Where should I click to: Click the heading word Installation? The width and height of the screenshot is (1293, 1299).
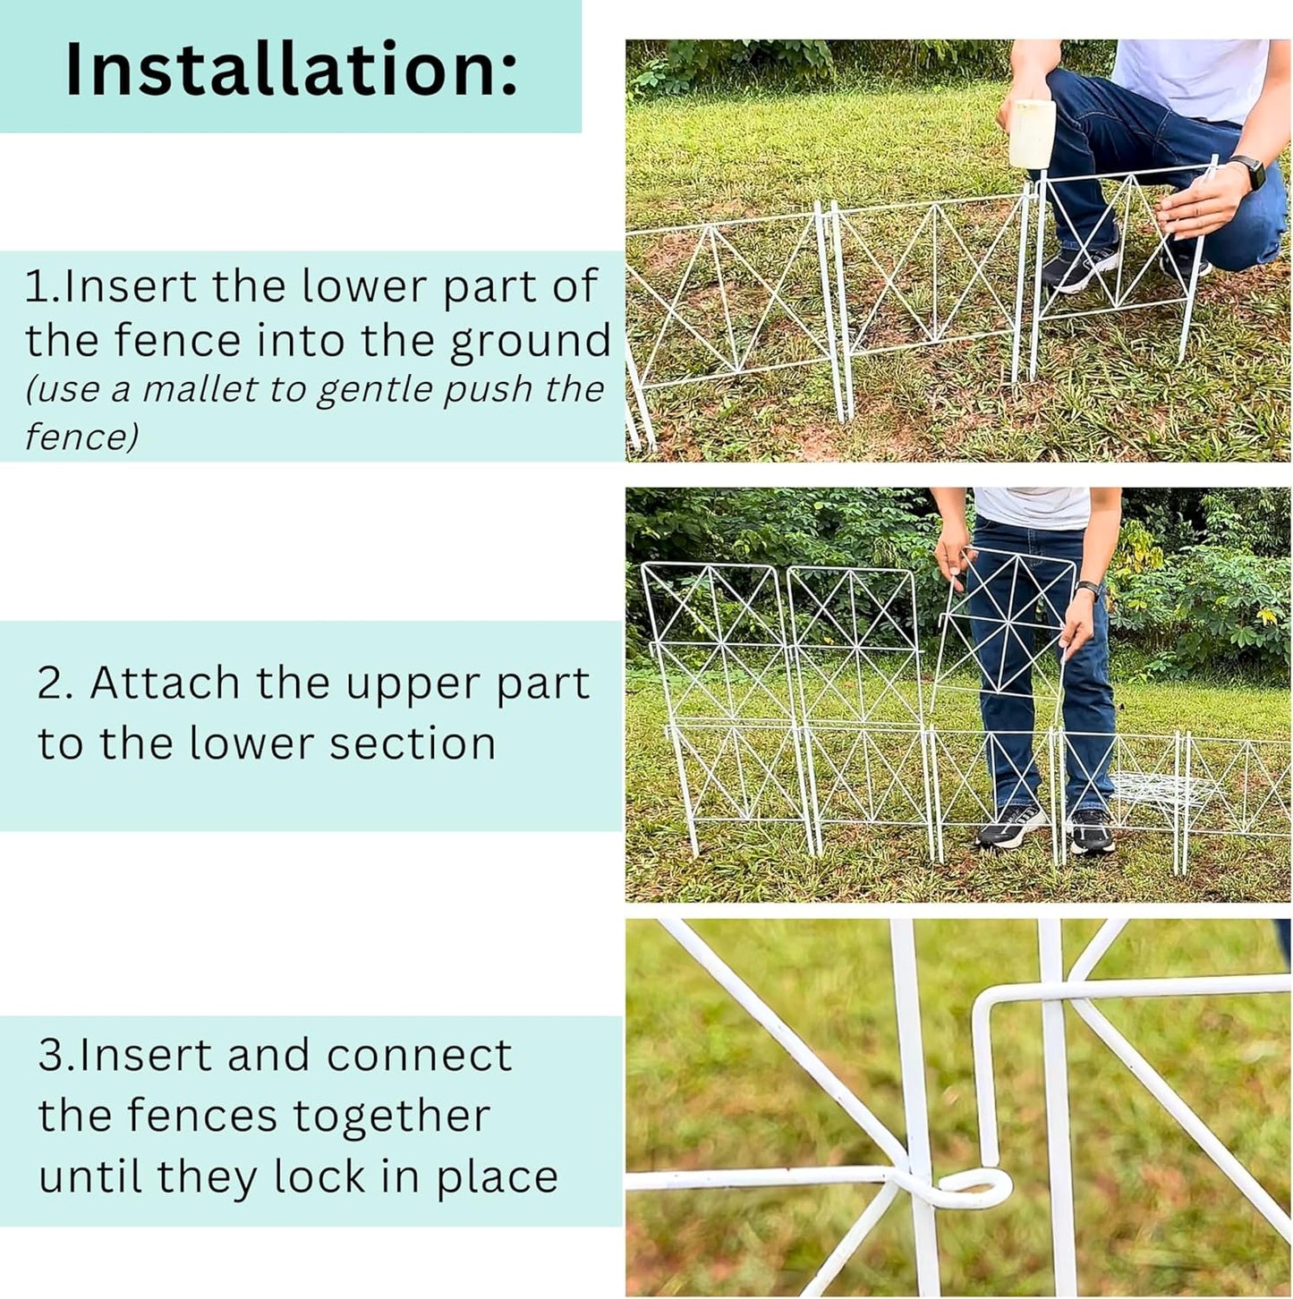click(291, 70)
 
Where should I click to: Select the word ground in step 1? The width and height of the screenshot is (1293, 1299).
click(530, 342)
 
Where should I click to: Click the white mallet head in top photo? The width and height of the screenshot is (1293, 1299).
click(1032, 134)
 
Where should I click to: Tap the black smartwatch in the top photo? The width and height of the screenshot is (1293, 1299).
click(1250, 170)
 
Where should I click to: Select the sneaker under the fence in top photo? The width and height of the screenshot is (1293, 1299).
click(1081, 267)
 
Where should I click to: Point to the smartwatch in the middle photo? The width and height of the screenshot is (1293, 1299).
click(1089, 590)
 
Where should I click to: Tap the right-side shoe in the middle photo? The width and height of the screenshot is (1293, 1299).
click(1092, 832)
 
